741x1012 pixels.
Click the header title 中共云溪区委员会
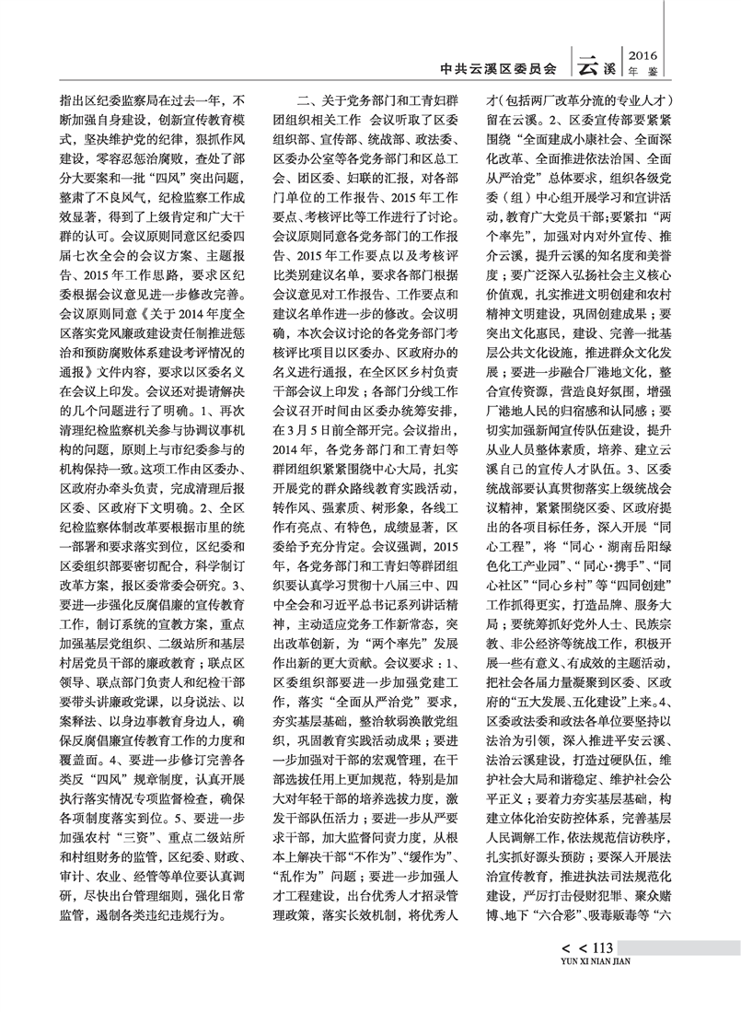click(499, 67)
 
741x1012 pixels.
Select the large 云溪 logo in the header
click(595, 65)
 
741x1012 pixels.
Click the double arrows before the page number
click(562, 950)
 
